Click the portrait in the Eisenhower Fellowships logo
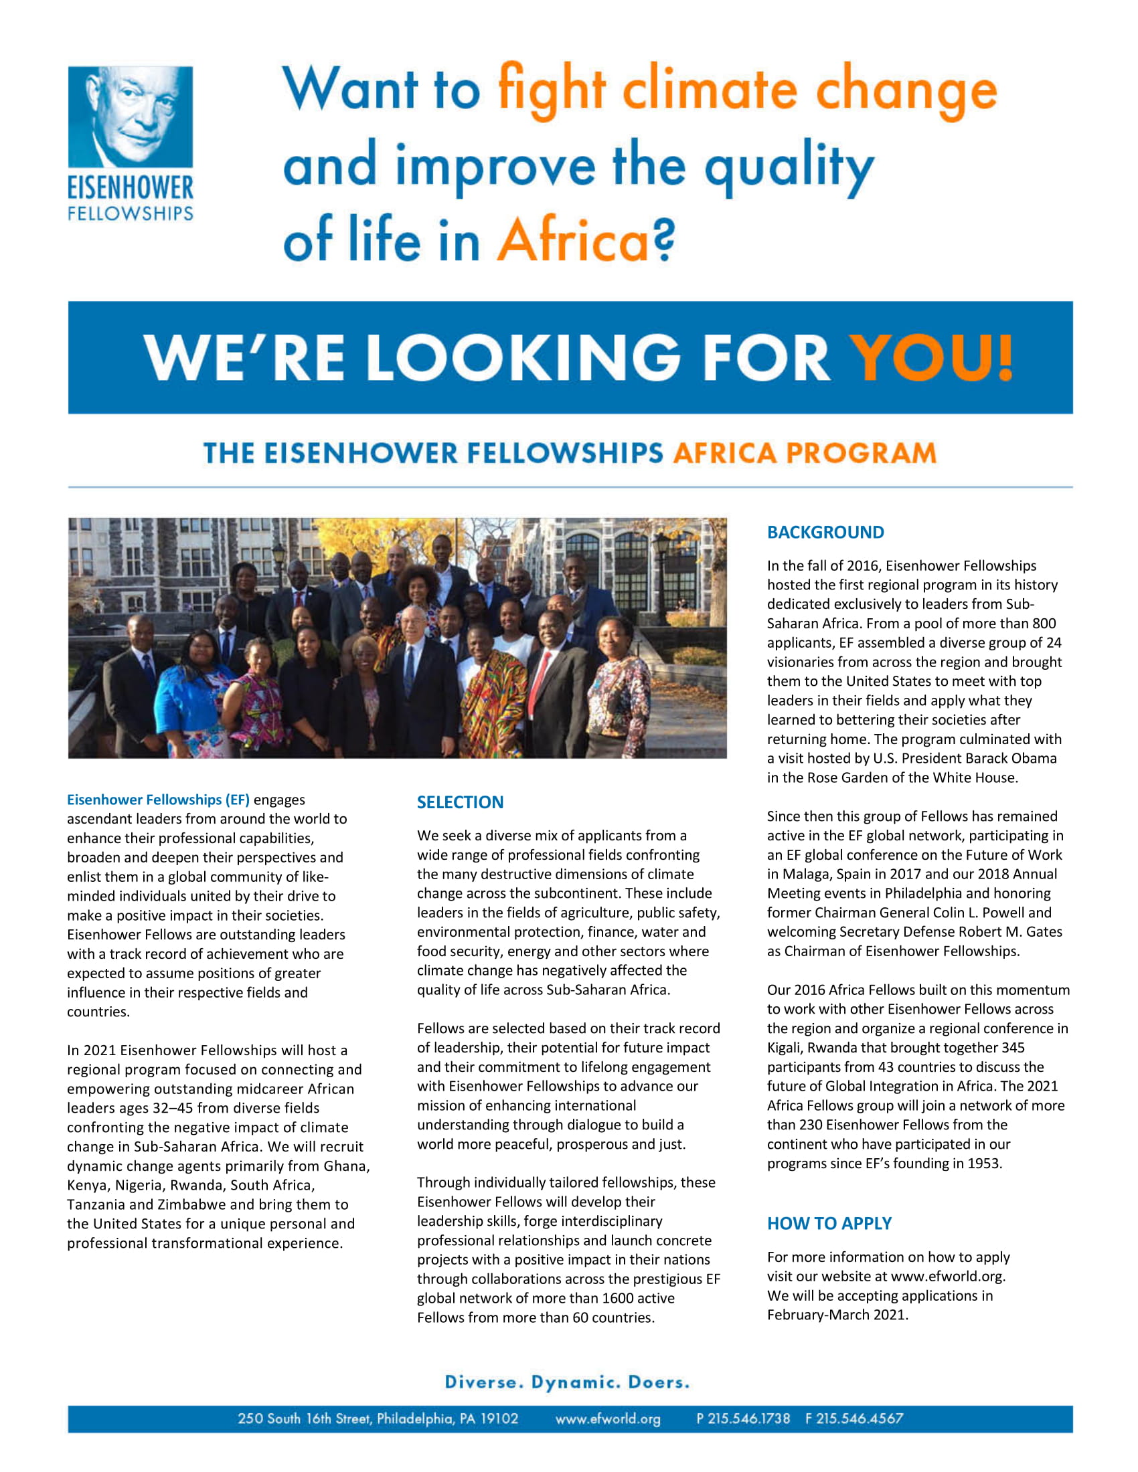130,116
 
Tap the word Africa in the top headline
573,241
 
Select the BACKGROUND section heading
825,533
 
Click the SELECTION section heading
460,802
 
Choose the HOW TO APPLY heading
829,1223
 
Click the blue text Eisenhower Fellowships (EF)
158,800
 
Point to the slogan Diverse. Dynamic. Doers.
567,1382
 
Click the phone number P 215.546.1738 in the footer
743,1418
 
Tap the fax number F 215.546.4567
854,1418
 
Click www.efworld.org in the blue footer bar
607,1418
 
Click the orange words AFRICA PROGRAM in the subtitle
804,453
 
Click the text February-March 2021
837,1314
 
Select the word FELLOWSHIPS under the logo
130,213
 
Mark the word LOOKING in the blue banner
523,357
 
